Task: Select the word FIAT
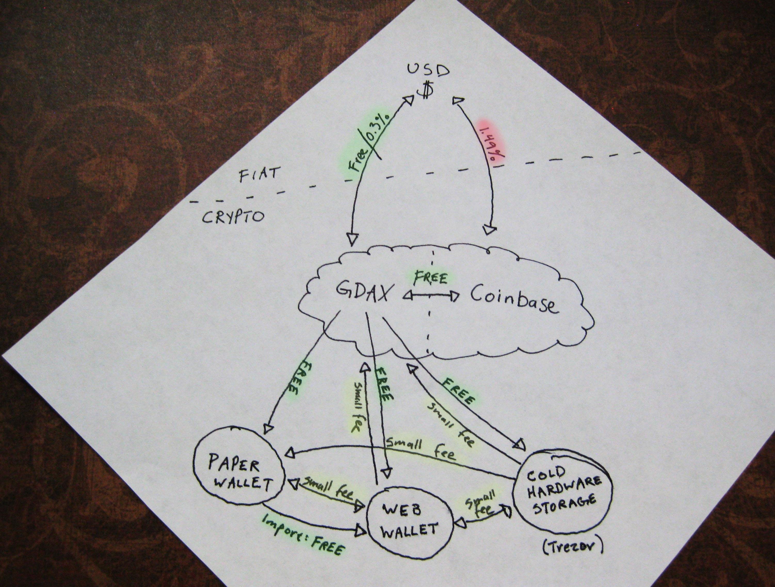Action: pyautogui.click(x=260, y=174)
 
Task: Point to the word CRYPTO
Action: pyautogui.click(x=233, y=217)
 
